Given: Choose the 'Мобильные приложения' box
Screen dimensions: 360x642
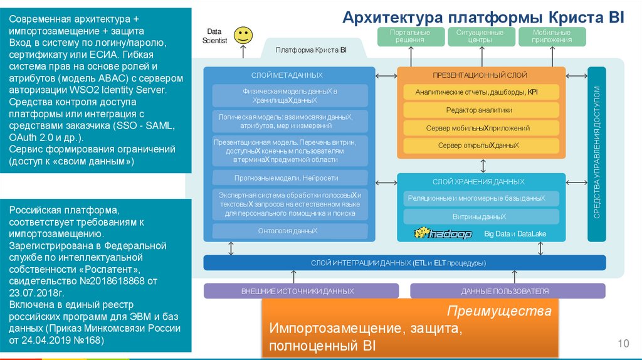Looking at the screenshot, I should click(x=552, y=36).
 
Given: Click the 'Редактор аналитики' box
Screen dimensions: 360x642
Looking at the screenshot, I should click(x=479, y=110).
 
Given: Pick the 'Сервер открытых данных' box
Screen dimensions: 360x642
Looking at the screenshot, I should click(x=479, y=146).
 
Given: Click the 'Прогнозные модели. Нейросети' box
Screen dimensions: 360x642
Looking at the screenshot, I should click(x=289, y=177).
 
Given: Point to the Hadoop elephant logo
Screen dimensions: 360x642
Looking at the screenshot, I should click(x=442, y=233).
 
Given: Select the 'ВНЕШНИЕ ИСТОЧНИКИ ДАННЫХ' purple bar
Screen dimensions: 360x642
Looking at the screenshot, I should click(x=301, y=291).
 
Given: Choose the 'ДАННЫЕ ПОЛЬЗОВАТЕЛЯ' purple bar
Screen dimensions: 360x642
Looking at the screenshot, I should click(x=507, y=291).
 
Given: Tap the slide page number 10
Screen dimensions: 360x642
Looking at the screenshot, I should click(x=623, y=343).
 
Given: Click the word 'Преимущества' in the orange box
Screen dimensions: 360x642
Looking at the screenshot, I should click(x=499, y=311).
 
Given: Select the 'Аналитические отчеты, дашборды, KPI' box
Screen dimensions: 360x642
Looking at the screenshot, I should click(x=479, y=92).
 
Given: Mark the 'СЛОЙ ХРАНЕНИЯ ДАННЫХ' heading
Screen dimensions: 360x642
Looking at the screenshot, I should click(x=479, y=182).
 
